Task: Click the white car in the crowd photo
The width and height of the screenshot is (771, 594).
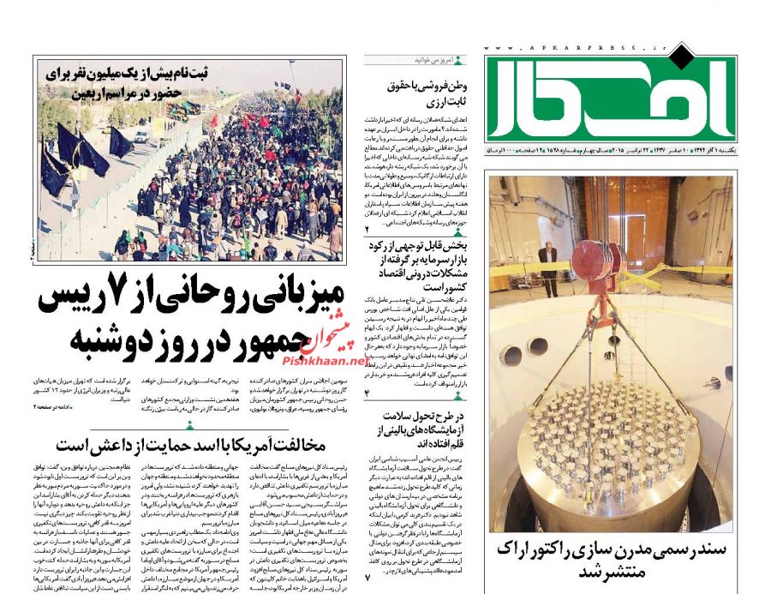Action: (140, 135)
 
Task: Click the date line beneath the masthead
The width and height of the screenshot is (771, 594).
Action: (610, 150)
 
